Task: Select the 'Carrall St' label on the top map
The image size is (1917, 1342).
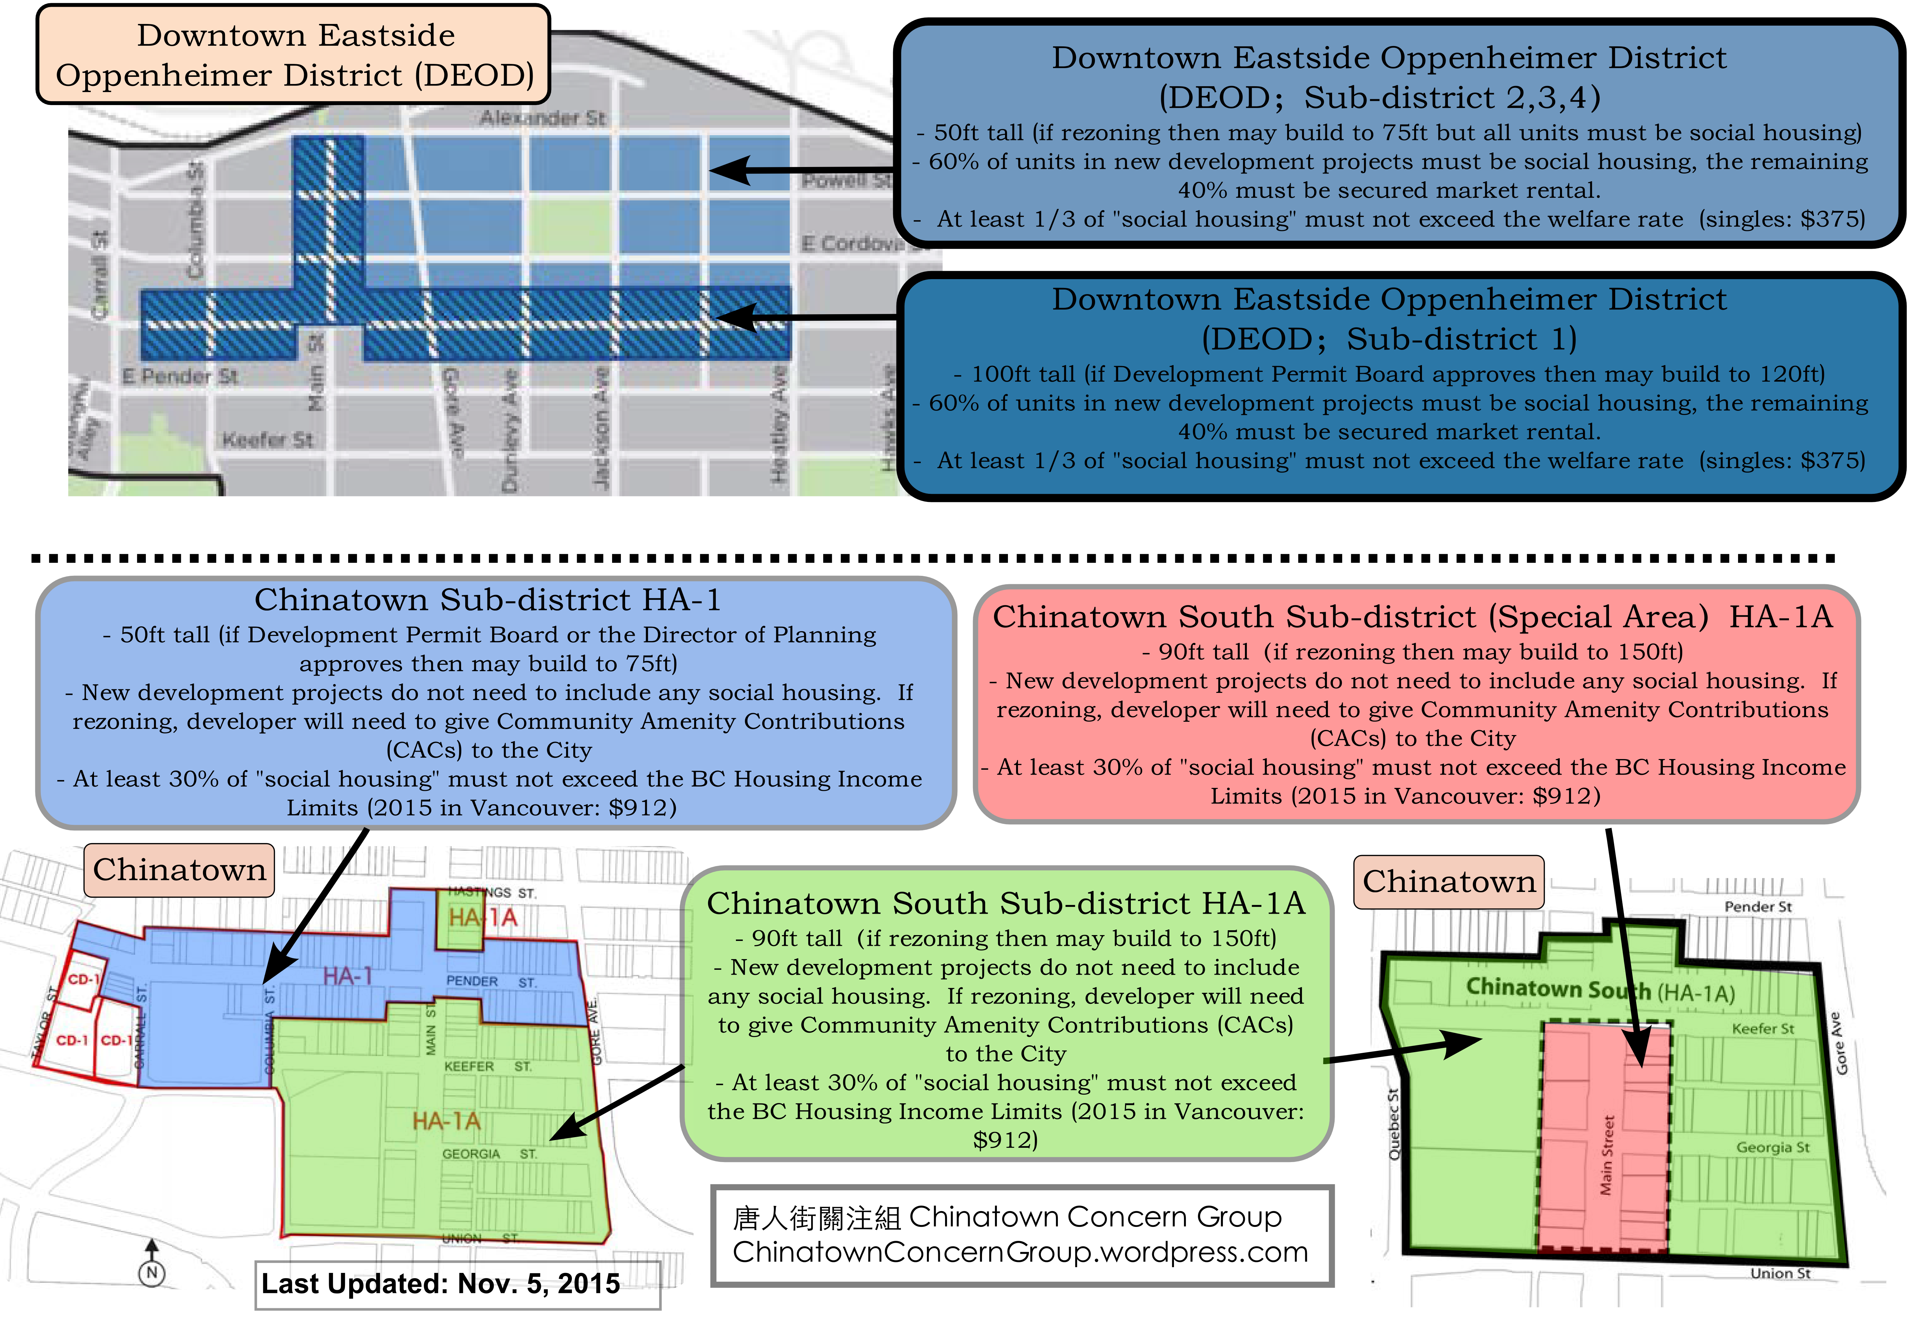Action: pos(99,275)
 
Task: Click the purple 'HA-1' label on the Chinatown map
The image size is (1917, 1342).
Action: pos(347,976)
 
